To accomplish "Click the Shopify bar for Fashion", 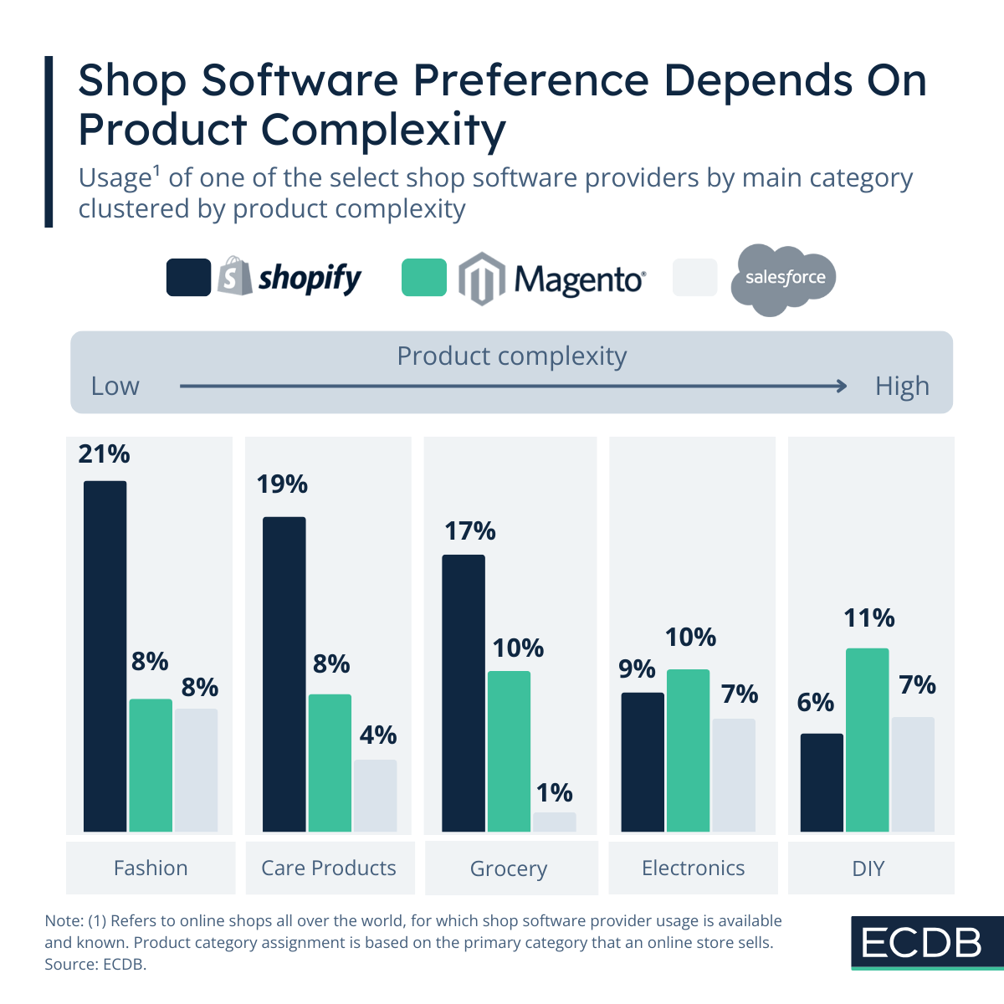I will pos(105,657).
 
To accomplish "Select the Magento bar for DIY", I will pos(867,740).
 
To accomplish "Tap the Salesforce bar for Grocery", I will pos(554,822).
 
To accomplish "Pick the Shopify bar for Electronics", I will pos(642,762).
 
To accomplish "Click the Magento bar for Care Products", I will pos(330,763).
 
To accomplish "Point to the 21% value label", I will pos(105,454).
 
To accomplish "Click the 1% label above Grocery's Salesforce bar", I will pos(554,792).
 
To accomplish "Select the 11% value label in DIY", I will pos(868,618).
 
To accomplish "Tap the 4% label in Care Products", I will pos(377,735).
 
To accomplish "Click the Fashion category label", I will pos(151,868).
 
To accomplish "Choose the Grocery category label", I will pos(509,868).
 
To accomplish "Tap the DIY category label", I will pos(868,868).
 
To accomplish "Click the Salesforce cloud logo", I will pos(784,279).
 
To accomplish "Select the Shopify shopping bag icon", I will pos(234,277).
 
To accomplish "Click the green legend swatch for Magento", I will pos(424,278).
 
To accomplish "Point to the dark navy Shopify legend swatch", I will pos(188,278).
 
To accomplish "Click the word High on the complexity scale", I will pos(902,387).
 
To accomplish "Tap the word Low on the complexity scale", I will pos(115,387).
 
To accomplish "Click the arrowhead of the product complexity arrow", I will pos(841,386).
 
